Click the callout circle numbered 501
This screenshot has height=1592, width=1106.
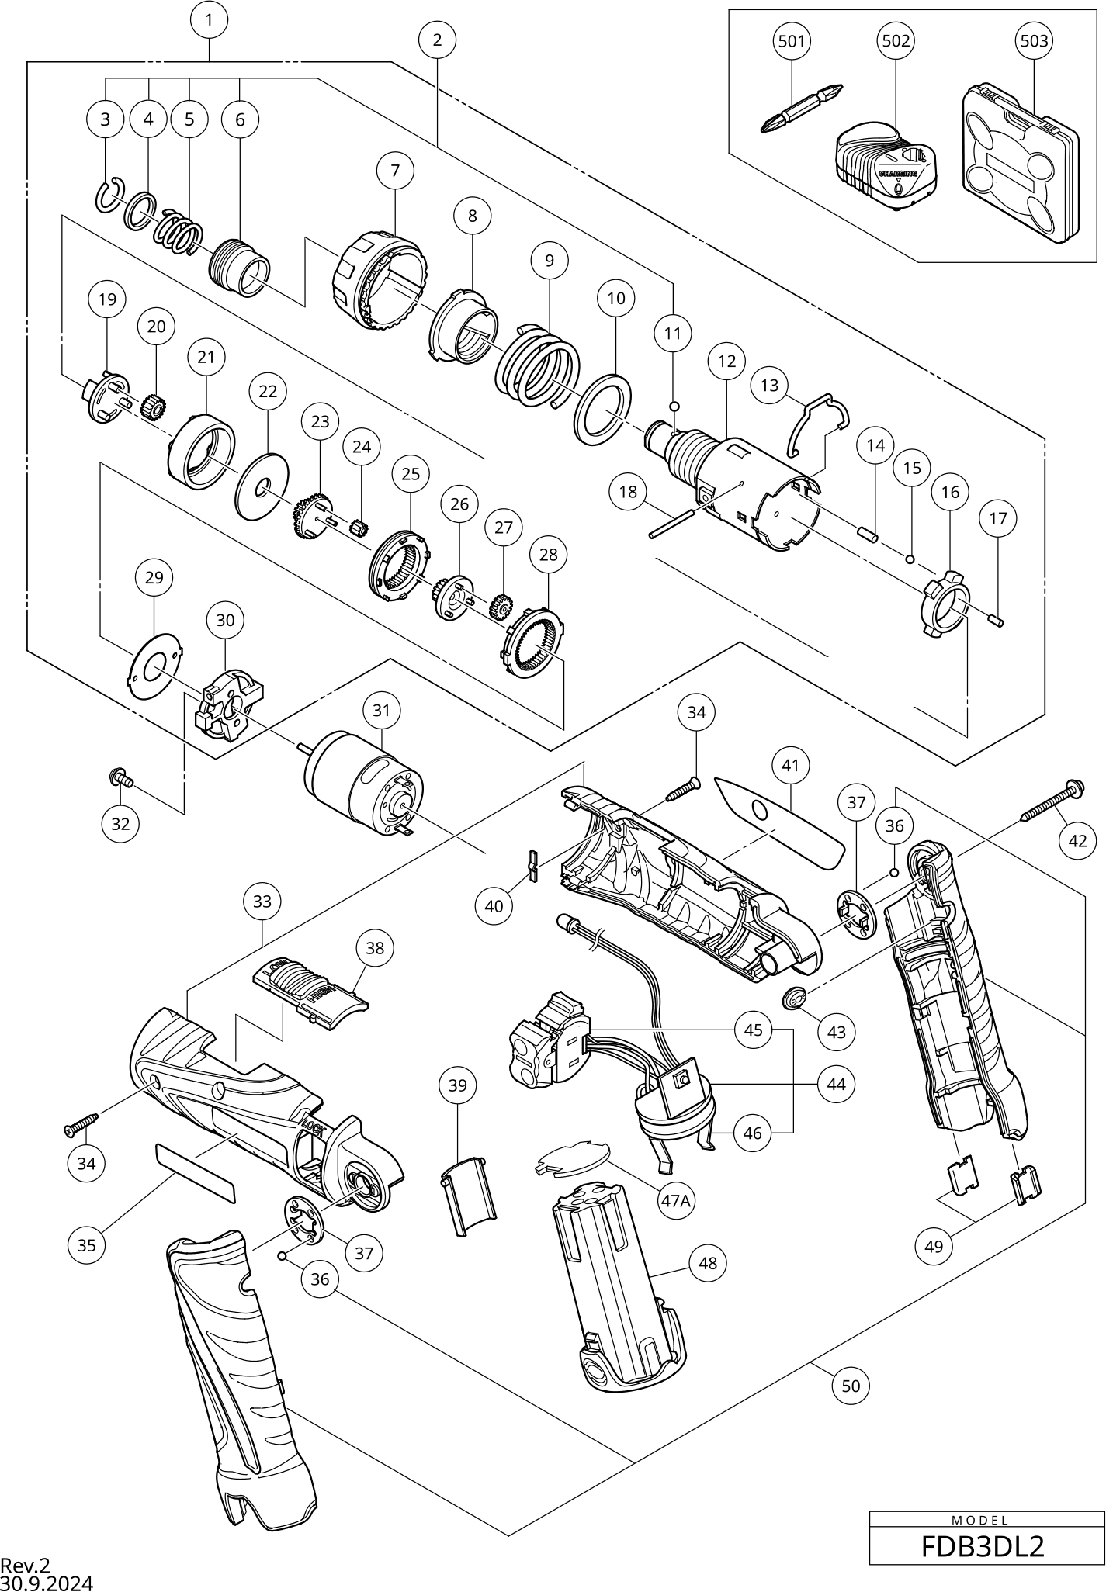pos(791,40)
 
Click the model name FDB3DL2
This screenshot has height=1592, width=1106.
pos(982,1562)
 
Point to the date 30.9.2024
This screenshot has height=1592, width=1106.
pos(47,1583)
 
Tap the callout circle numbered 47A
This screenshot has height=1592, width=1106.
pos(675,1200)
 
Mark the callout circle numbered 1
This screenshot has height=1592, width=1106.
pos(209,20)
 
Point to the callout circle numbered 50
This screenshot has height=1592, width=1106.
pos(851,1386)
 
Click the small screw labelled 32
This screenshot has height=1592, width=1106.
pos(123,776)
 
